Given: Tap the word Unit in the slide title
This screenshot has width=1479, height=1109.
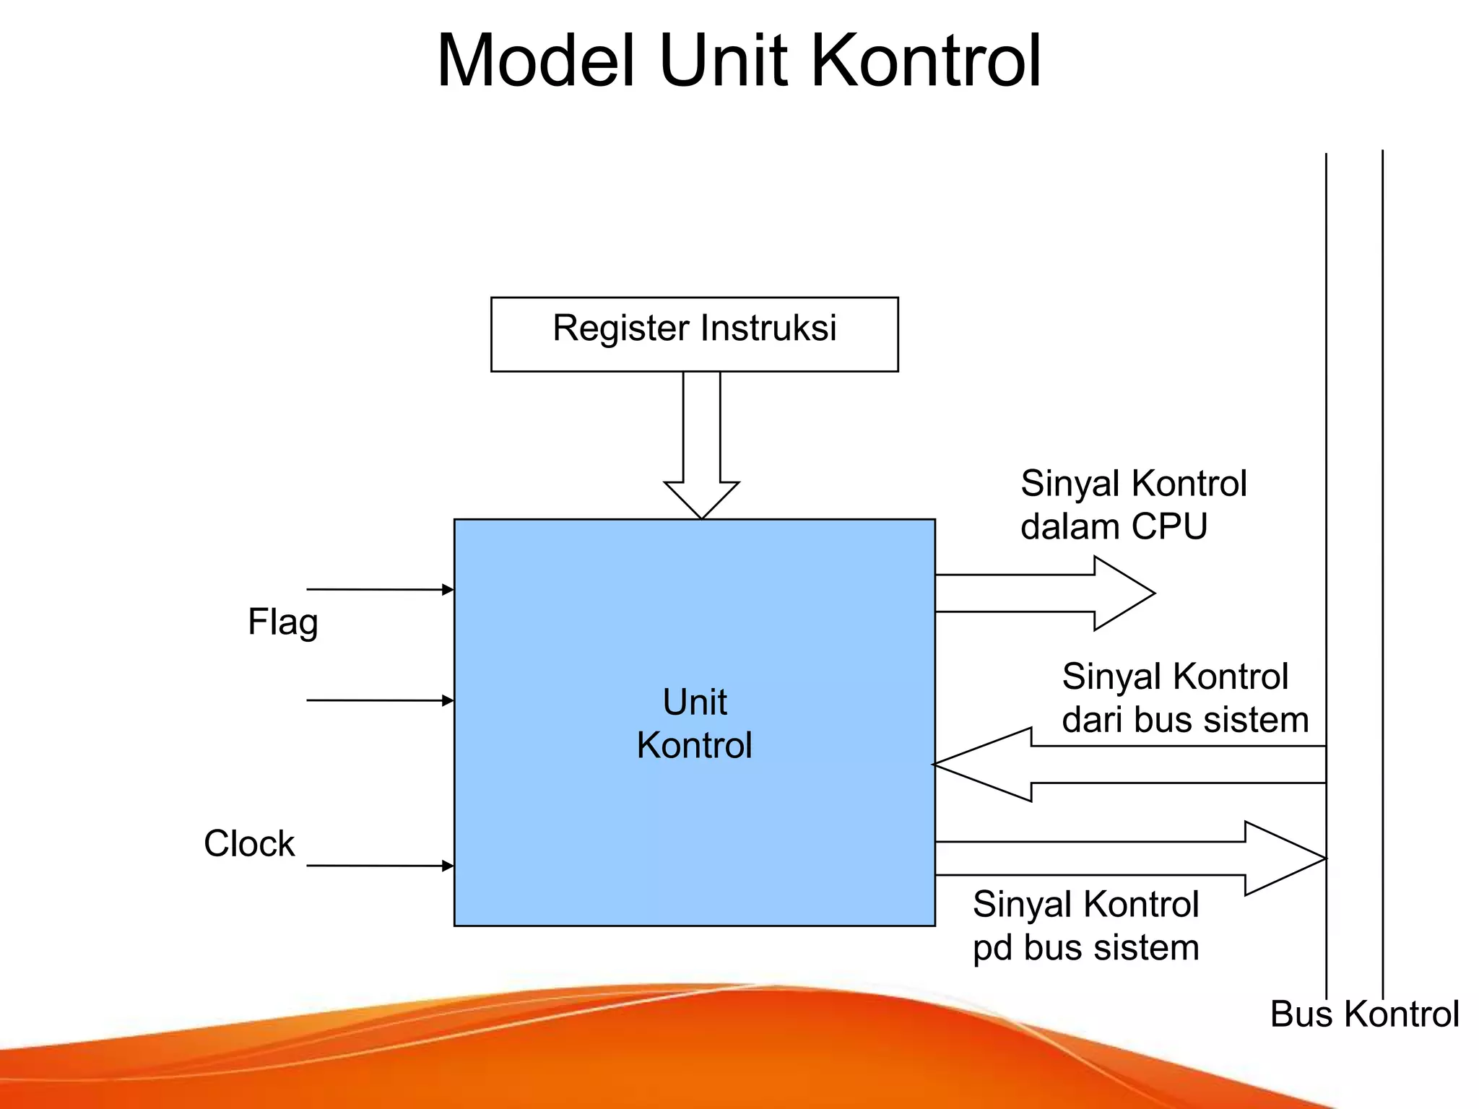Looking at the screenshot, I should (x=723, y=61).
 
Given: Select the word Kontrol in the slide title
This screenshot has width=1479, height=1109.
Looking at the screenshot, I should (x=927, y=61).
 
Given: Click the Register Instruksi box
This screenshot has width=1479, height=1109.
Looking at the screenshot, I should (x=694, y=334).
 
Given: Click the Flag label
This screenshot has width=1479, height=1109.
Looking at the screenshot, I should (x=282, y=622).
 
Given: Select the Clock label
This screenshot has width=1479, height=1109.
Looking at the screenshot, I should (x=249, y=843).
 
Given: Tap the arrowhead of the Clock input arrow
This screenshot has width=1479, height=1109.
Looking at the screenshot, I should (x=448, y=866).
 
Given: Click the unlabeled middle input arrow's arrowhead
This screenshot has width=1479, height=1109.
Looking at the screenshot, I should (x=448, y=700).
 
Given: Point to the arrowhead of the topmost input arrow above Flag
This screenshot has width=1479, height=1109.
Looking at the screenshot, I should (x=448, y=590).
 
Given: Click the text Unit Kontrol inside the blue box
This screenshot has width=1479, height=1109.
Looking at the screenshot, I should (x=694, y=723).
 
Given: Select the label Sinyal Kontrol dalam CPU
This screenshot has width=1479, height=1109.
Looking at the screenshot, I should (x=1133, y=505).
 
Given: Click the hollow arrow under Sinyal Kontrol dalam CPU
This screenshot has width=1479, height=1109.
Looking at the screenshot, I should (x=1047, y=593).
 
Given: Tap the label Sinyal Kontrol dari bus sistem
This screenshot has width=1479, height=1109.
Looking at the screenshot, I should (x=1184, y=698).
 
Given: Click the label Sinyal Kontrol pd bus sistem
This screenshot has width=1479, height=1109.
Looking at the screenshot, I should (x=1085, y=926).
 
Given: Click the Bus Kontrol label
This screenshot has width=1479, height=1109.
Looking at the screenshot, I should (x=1364, y=1014).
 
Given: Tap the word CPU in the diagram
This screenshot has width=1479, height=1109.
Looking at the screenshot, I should (x=1169, y=526).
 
